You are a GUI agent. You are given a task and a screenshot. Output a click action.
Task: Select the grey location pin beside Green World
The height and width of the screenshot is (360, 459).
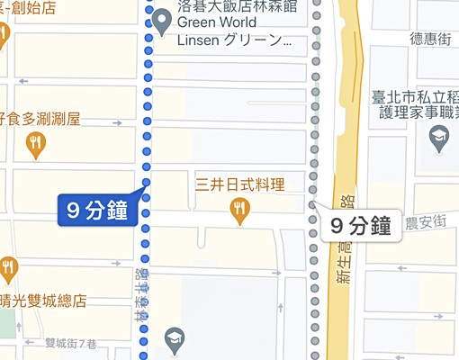coord(162,20)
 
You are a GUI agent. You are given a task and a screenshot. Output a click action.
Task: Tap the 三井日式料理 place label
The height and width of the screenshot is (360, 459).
coord(239,186)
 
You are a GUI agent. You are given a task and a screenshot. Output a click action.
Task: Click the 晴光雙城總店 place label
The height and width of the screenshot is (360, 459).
coord(43,301)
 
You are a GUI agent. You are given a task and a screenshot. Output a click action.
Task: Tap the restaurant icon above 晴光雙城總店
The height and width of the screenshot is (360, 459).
coord(9,267)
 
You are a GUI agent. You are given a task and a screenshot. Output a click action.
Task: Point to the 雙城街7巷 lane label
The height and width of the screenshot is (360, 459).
coord(70,343)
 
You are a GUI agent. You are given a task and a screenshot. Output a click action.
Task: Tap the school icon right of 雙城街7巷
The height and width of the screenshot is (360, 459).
coord(174,338)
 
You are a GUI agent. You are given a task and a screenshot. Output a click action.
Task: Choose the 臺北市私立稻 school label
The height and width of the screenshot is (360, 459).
coord(415,94)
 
